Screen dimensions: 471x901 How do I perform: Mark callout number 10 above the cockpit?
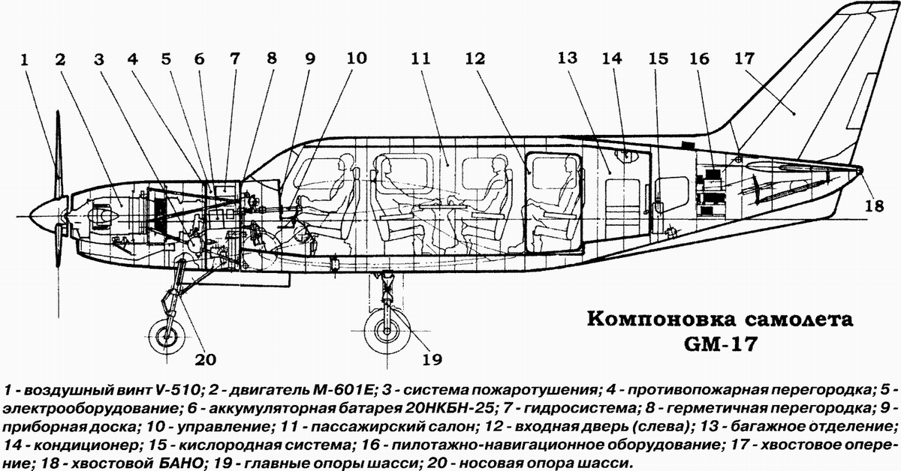click(356, 58)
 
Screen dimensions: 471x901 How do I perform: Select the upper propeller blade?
click(56, 150)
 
